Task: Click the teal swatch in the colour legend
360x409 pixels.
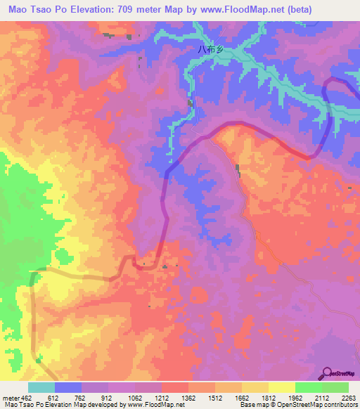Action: point(41,387)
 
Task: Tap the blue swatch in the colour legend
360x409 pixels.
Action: point(68,387)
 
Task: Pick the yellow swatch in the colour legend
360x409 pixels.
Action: point(281,387)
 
